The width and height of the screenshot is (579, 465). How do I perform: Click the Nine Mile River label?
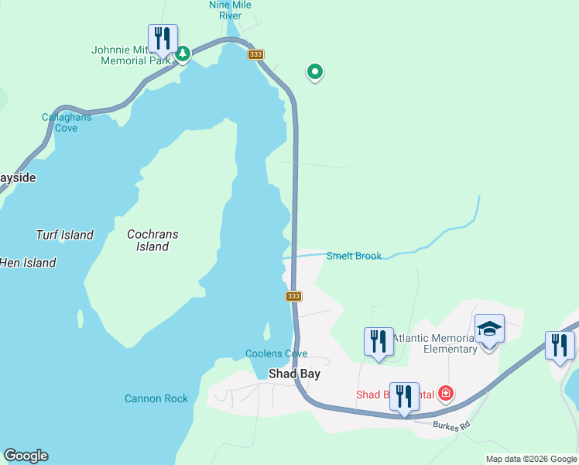(x=230, y=9)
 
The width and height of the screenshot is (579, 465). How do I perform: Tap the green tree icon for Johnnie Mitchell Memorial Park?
(x=183, y=53)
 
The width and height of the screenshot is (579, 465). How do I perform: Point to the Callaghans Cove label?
(x=67, y=122)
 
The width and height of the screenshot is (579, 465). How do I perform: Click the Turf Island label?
(x=64, y=235)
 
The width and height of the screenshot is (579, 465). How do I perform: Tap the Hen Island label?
(x=28, y=263)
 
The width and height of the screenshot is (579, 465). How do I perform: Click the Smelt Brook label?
(x=354, y=256)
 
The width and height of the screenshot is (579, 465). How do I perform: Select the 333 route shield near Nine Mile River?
(x=256, y=54)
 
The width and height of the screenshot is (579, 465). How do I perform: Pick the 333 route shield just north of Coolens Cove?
(x=293, y=296)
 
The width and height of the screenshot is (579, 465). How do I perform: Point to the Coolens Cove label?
(x=276, y=353)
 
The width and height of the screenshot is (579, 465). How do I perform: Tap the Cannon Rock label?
(x=156, y=398)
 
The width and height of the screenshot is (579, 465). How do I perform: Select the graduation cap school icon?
(x=489, y=329)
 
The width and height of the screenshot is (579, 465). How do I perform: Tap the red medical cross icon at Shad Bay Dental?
(x=446, y=394)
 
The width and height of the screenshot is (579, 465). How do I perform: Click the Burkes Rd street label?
(x=451, y=425)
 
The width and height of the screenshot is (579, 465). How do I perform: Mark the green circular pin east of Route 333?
(x=315, y=72)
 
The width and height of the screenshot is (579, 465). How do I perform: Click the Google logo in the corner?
(x=26, y=456)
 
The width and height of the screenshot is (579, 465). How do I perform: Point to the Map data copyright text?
(x=531, y=459)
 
